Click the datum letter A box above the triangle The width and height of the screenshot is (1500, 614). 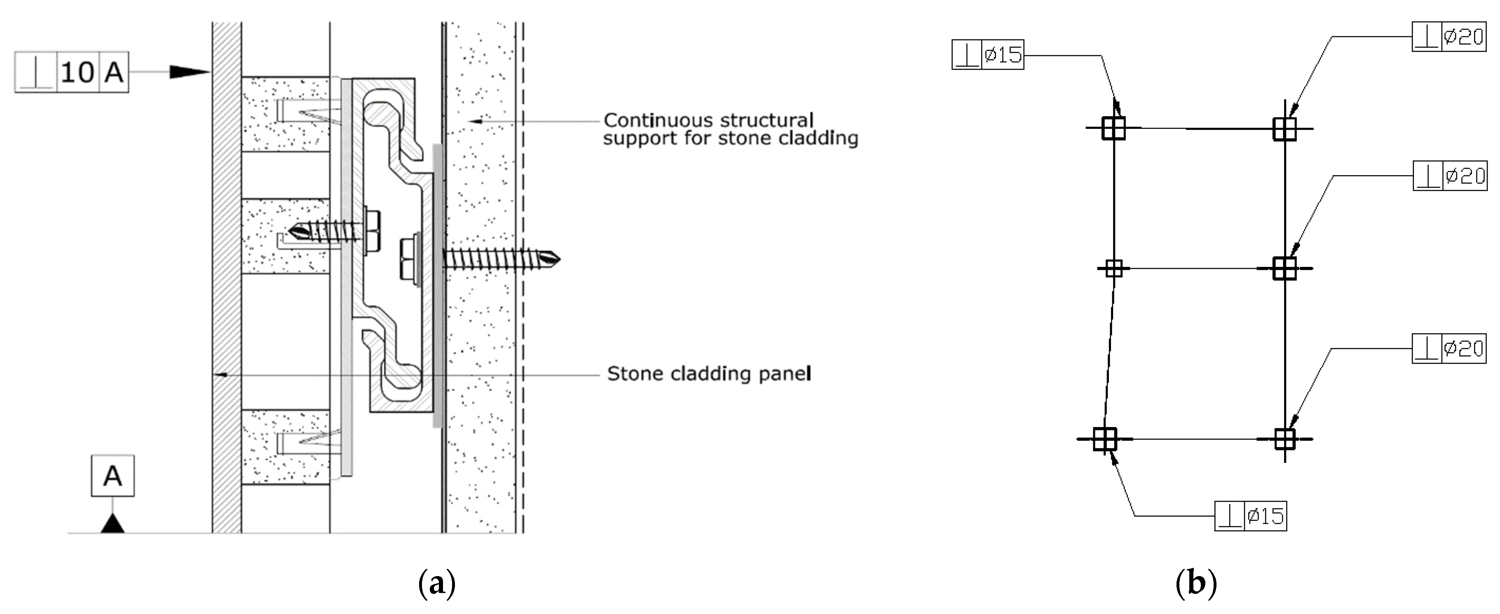coord(112,476)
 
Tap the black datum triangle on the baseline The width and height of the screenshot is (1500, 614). coord(112,524)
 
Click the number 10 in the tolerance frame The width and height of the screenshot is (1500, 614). coord(77,72)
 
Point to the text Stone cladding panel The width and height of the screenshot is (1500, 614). coord(709,374)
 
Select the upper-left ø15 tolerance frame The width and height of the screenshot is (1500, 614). coord(988,55)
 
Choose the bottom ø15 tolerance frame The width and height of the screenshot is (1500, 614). coord(1250,516)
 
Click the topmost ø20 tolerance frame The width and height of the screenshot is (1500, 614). coord(1449,37)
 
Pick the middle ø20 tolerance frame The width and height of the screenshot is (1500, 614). coord(1450,175)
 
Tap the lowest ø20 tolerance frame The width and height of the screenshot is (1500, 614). coord(1449,348)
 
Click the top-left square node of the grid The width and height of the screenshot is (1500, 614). coord(1113,128)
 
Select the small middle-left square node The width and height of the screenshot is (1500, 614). coord(1113,268)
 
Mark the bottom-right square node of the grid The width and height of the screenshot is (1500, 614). coord(1284,439)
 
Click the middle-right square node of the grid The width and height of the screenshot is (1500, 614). coord(1284,268)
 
